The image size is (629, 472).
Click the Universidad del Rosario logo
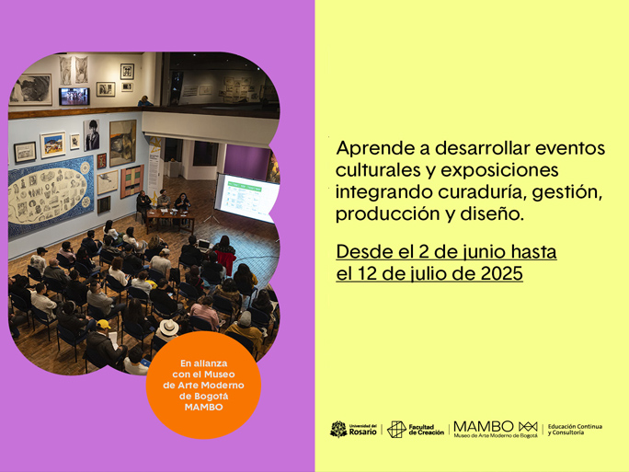pyautogui.click(x=353, y=429)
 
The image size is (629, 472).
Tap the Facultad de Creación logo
pyautogui.click(x=416, y=430)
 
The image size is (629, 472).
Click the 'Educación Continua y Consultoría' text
pyautogui.click(x=575, y=430)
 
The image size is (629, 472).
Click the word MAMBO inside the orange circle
pyautogui.click(x=203, y=407)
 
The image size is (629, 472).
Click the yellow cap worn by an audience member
pyautogui.click(x=103, y=324)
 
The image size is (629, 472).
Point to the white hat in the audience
pyautogui.click(x=168, y=328)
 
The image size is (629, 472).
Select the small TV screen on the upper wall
pyautogui.click(x=74, y=97)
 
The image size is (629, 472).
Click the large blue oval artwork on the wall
pyautogui.click(x=51, y=195)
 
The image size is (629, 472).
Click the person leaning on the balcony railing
pyautogui.click(x=144, y=101)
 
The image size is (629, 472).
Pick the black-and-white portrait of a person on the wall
pyautogui.click(x=91, y=135)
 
